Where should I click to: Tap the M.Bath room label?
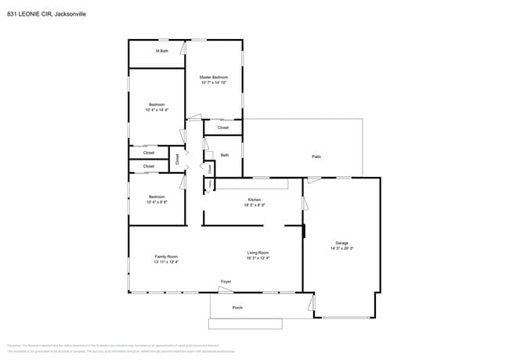tap(162, 51)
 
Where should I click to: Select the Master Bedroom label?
tap(214, 77)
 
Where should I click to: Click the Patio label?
tap(316, 157)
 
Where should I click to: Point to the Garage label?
tap(341, 243)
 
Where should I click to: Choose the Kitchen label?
tap(254, 200)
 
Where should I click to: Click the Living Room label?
tap(258, 253)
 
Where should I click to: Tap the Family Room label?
tap(166, 257)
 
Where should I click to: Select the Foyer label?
tap(226, 281)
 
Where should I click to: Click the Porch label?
tap(237, 308)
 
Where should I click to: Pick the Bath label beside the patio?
tap(225, 155)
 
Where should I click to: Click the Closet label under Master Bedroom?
tap(223, 127)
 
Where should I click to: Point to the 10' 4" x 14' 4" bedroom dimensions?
tap(157, 110)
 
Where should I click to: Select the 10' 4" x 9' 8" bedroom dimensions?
tap(157, 202)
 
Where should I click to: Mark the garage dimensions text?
tap(341, 248)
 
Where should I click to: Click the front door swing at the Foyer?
tap(226, 289)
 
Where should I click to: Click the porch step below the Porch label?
tap(244, 323)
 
